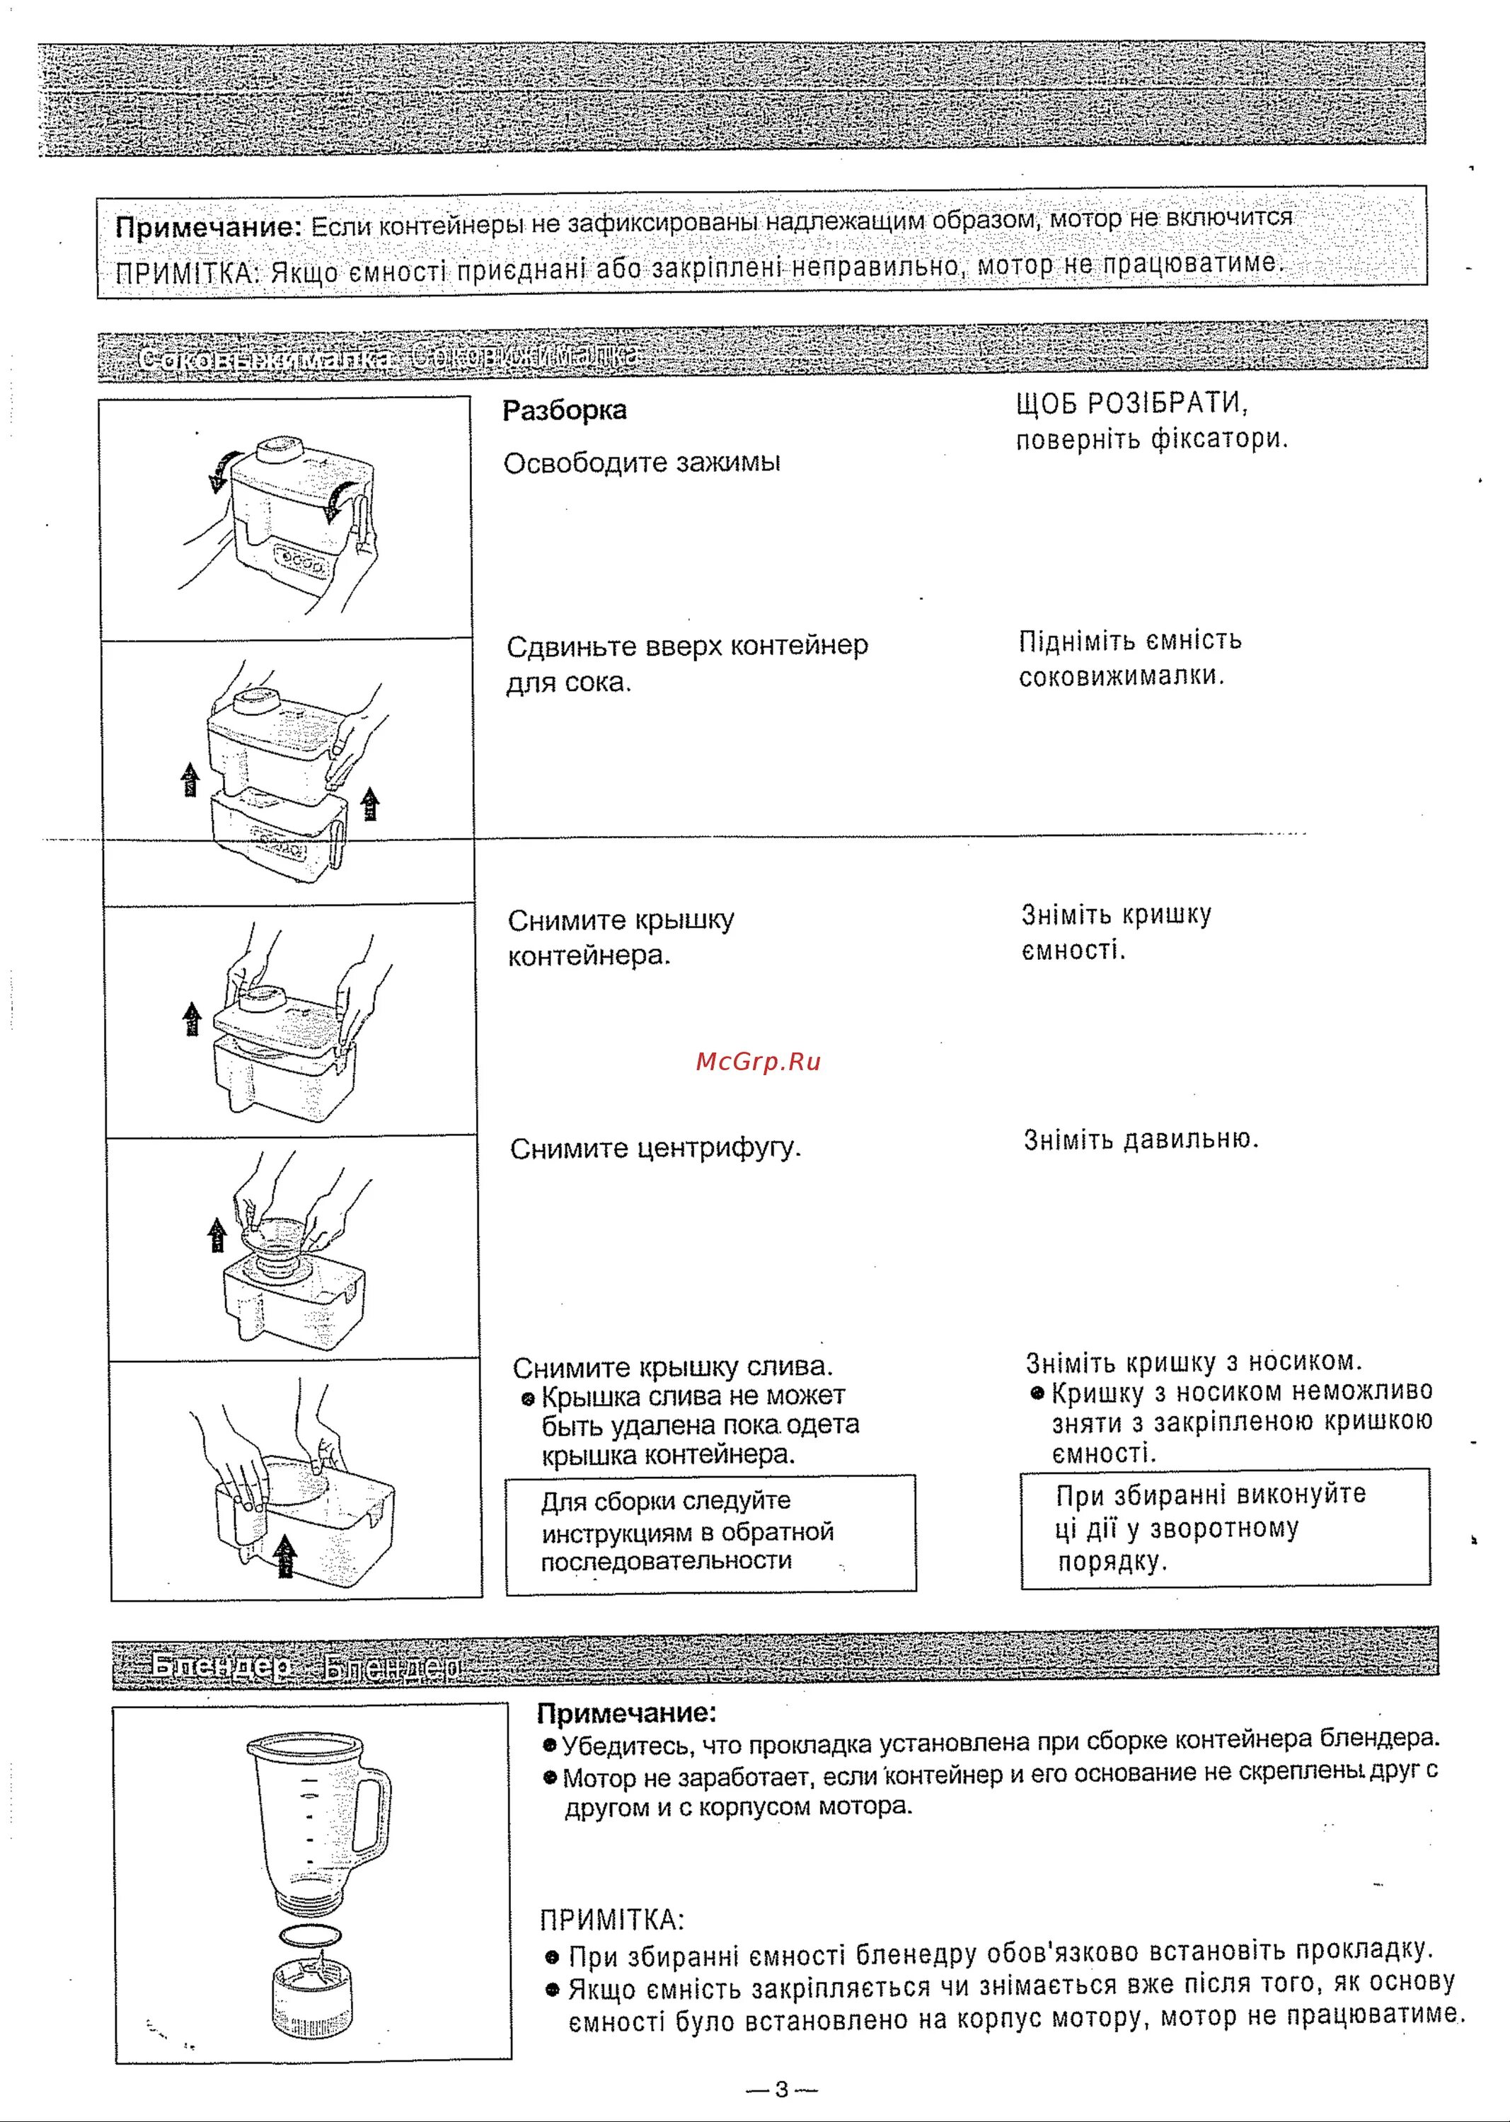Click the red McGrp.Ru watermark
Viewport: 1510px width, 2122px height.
tap(758, 1062)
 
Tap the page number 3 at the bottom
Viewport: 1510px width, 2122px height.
tap(781, 2089)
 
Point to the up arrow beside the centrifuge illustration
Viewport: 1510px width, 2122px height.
tap(217, 1234)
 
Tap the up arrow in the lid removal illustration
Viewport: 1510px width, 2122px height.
tap(192, 1019)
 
